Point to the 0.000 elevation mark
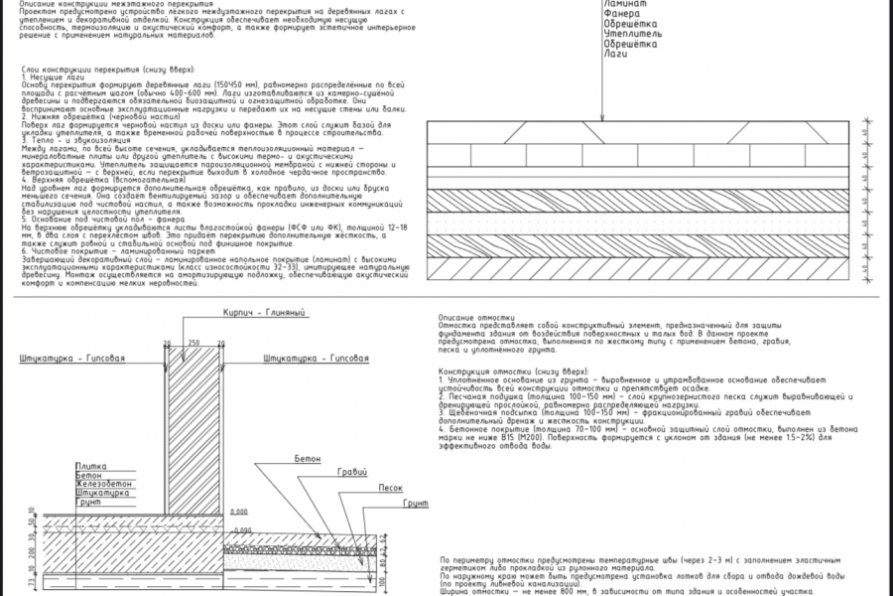point(238,512)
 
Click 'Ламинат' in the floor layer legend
point(624,4)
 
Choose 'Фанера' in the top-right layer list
point(621,14)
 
